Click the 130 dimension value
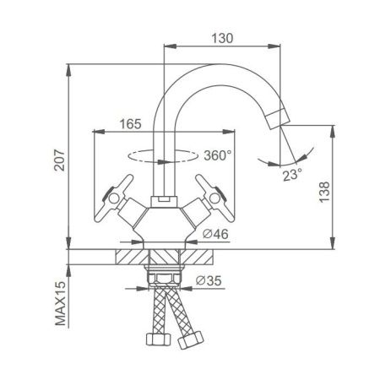tap(222, 39)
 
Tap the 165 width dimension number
tap(130, 124)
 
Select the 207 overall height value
tap(60, 160)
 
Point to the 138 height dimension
tap(324, 192)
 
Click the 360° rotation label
tap(218, 155)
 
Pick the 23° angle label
tap(292, 176)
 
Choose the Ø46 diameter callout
tap(215, 234)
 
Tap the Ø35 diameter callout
tap(209, 280)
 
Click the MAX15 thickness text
tap(60, 303)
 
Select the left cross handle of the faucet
tap(114, 198)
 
